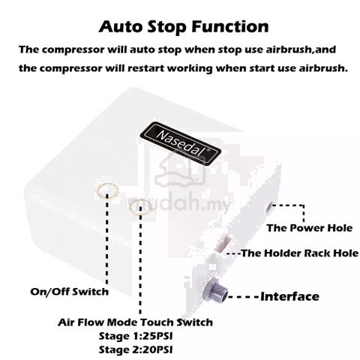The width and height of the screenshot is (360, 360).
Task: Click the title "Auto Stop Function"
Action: [184, 27]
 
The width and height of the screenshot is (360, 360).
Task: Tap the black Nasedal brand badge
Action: [181, 143]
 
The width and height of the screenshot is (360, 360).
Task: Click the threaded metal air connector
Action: [215, 291]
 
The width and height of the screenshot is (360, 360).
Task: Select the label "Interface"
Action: [289, 296]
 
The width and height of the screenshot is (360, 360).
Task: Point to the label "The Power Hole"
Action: [310, 228]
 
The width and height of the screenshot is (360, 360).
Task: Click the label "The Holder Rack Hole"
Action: [299, 253]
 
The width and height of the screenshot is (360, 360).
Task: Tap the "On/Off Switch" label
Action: [70, 292]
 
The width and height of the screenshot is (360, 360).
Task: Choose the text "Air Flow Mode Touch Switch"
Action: [135, 322]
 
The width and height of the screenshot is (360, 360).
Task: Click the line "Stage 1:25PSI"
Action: [136, 336]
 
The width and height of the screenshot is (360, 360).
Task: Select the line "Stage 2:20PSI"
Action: [136, 349]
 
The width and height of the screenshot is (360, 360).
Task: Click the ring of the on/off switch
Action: [97, 191]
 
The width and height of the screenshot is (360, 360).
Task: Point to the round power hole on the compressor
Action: [269, 208]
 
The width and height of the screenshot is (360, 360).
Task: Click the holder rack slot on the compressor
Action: [223, 242]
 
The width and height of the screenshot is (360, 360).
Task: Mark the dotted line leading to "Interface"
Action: [244, 297]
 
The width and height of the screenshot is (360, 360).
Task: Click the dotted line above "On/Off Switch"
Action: [107, 238]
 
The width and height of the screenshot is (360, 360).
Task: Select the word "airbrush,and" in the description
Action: [301, 49]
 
